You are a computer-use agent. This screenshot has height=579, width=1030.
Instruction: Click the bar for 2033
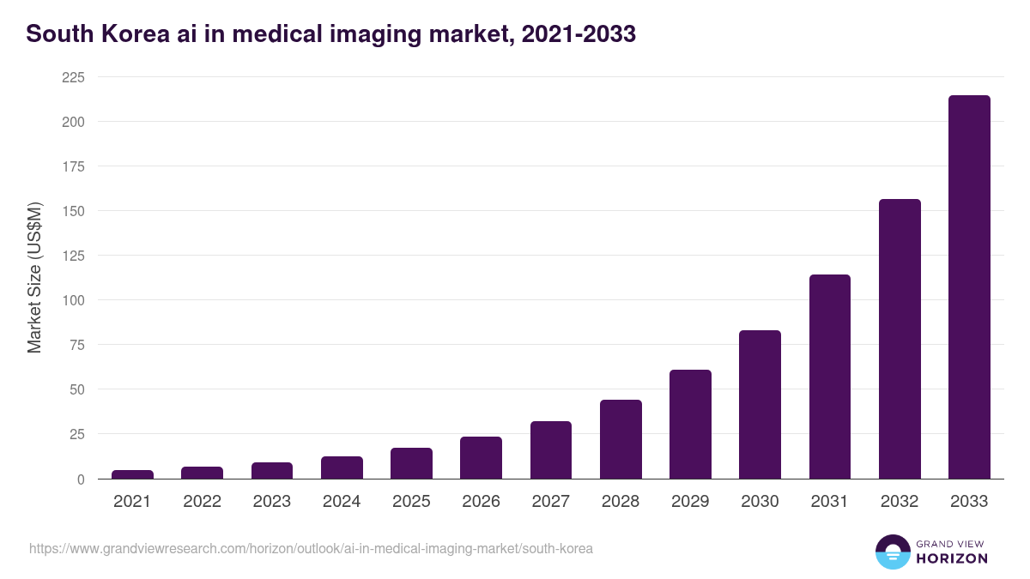[969, 287]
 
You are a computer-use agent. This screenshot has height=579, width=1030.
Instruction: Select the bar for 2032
[900, 339]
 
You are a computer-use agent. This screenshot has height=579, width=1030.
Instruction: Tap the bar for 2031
[829, 377]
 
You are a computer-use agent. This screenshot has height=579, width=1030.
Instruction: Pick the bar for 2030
[760, 405]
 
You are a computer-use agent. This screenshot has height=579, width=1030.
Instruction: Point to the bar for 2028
[621, 439]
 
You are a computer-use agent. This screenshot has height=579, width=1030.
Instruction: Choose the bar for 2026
[481, 458]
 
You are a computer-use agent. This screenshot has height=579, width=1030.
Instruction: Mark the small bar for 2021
[132, 474]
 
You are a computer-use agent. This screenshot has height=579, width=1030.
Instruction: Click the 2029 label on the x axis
[690, 502]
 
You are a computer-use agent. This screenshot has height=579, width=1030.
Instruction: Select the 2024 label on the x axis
[342, 502]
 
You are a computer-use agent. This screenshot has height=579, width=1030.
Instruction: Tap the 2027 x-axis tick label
[550, 502]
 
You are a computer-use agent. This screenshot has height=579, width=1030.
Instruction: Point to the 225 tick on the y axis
[73, 77]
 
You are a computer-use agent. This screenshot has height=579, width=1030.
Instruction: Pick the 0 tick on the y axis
[80, 479]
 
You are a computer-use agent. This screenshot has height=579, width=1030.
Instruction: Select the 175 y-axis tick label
[73, 166]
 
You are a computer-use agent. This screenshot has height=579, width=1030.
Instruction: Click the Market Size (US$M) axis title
[34, 278]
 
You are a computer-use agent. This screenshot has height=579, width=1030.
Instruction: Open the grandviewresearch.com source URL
[311, 548]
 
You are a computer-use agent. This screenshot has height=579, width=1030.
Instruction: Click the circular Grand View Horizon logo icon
[892, 552]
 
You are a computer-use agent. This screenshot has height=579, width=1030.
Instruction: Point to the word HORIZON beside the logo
[951, 558]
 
